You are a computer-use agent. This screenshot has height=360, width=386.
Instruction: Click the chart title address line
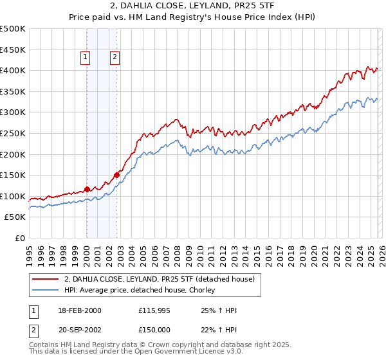pyautogui.click(x=192, y=6)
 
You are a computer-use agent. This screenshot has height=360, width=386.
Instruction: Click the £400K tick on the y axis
pyautogui.click(x=13, y=70)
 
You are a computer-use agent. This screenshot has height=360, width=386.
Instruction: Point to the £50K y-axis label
pyautogui.click(x=15, y=217)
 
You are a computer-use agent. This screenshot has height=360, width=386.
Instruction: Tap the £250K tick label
pyautogui.click(x=13, y=133)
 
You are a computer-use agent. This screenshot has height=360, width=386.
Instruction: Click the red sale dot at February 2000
pyautogui.click(x=87, y=189)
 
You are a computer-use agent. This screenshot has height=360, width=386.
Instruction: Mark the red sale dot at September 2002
pyautogui.click(x=116, y=174)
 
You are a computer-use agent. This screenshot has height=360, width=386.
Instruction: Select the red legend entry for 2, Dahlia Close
pyautogui.click(x=159, y=279)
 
